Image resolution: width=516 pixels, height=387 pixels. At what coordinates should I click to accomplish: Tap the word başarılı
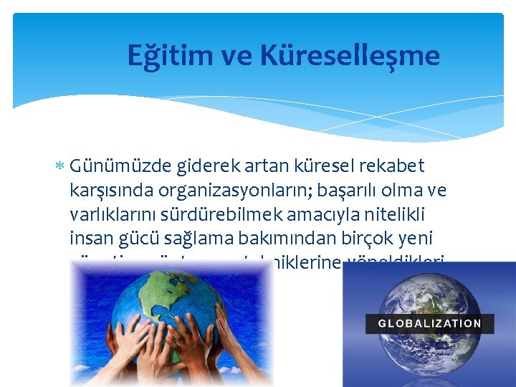tap(374, 190)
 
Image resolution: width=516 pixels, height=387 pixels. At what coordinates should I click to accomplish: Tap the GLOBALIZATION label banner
tap(429, 322)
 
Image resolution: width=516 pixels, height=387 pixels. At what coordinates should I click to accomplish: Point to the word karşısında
tap(115, 191)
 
